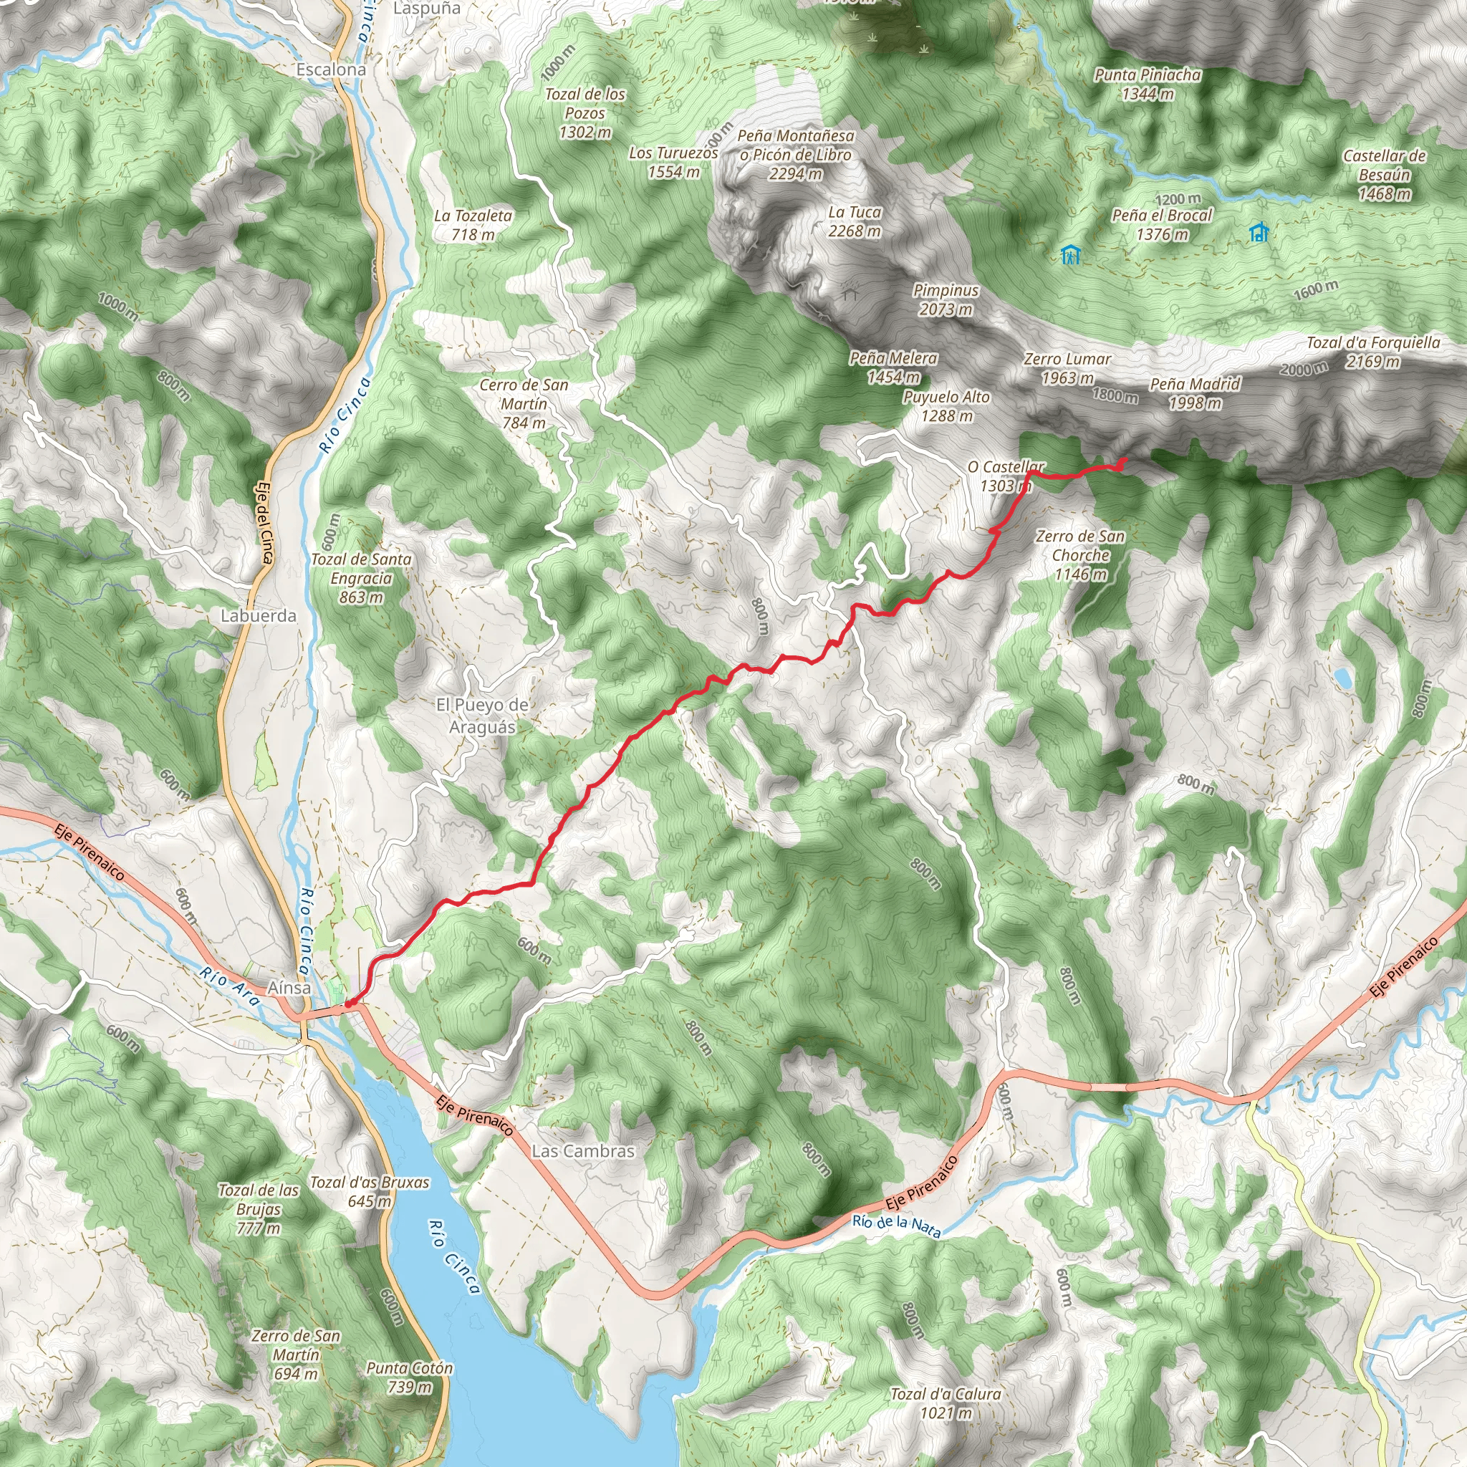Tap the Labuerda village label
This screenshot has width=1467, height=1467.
click(x=258, y=616)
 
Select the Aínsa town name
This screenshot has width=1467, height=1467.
click(x=289, y=988)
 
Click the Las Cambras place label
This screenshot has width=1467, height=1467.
click(x=582, y=1151)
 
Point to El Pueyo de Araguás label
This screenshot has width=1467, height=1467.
click(x=481, y=716)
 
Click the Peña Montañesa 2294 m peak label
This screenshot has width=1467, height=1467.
click(x=795, y=154)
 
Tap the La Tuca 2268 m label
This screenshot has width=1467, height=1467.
click(x=855, y=221)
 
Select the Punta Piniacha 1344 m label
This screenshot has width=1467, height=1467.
click(x=1148, y=84)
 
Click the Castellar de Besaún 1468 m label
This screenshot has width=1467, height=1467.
click(x=1384, y=175)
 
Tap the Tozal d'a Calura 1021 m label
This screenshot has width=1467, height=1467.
click(x=946, y=1404)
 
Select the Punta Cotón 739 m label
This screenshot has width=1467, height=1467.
click(x=409, y=1378)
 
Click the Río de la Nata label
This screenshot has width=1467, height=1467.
click(x=896, y=1226)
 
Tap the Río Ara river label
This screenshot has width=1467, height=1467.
click(x=230, y=986)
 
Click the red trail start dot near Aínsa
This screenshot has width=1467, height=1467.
click(x=349, y=1004)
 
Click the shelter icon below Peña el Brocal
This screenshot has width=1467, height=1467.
click(x=1071, y=254)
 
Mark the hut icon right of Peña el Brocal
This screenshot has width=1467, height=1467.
click(x=1258, y=231)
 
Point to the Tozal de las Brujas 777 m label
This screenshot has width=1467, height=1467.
click(x=258, y=1209)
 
